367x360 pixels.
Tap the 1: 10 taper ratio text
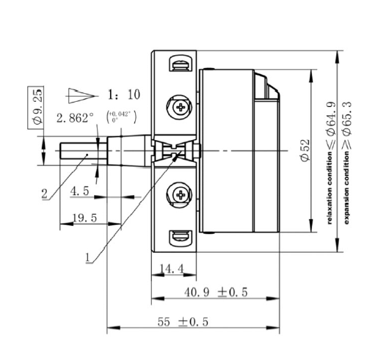coord(124,95)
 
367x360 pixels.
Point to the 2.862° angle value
coord(75,118)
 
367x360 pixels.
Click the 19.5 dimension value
coord(84,218)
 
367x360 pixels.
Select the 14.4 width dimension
coord(172,269)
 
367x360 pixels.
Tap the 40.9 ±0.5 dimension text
coord(216,293)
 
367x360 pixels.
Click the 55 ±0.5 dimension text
coord(183,322)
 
